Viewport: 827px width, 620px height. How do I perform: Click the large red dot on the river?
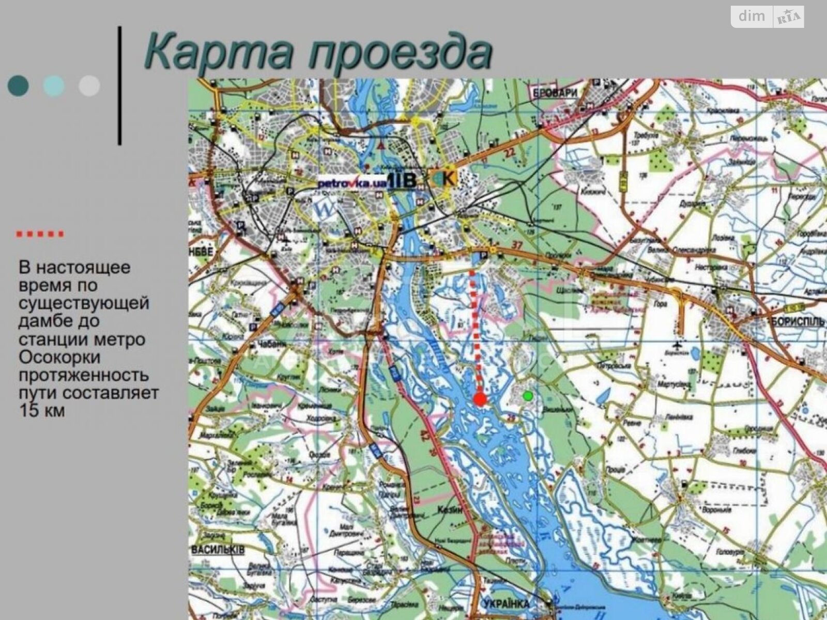click(x=480, y=399)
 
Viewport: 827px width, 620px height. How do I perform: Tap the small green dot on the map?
click(x=528, y=396)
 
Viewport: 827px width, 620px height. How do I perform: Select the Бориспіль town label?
click(x=798, y=321)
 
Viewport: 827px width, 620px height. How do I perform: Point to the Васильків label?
click(x=218, y=550)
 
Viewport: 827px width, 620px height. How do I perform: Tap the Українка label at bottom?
click(x=507, y=603)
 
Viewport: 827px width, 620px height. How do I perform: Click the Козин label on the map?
click(x=448, y=509)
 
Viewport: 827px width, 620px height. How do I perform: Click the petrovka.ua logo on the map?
click(x=351, y=183)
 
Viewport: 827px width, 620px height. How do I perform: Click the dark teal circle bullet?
click(x=19, y=86)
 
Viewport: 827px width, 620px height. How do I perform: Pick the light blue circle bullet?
click(x=54, y=86)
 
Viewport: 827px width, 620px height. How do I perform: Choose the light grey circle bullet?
click(x=89, y=86)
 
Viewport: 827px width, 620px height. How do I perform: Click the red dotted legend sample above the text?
click(x=40, y=234)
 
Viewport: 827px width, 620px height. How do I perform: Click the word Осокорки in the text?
click(x=59, y=358)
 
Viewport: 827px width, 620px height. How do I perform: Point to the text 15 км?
click(x=42, y=411)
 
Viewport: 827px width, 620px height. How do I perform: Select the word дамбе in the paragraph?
click(x=43, y=321)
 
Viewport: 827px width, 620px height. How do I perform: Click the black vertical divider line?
click(x=120, y=85)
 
